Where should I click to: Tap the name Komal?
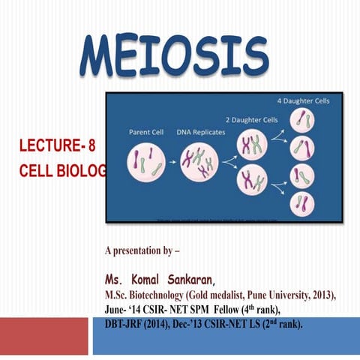pos(153,280)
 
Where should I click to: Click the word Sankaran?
pos(193,280)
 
